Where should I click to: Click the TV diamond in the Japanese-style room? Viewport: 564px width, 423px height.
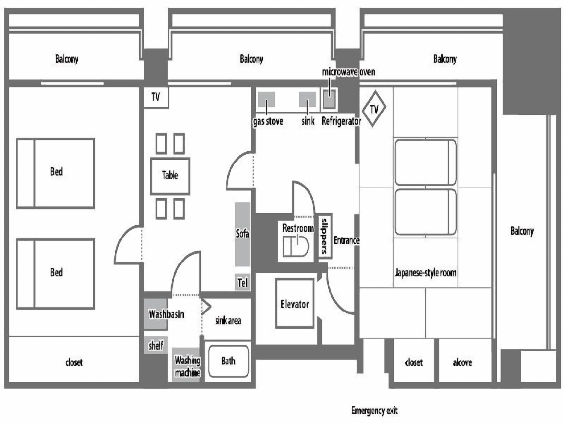pyautogui.click(x=374, y=109)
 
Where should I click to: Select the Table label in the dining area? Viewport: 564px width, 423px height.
pyautogui.click(x=170, y=175)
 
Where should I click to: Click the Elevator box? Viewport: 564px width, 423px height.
pyautogui.click(x=295, y=304)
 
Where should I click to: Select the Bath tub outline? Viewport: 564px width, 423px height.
pyautogui.click(x=228, y=361)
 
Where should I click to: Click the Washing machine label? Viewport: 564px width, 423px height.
pyautogui.click(x=188, y=366)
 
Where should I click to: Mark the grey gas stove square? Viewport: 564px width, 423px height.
pyautogui.click(x=266, y=99)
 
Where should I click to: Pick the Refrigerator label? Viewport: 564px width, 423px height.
pyautogui.click(x=341, y=121)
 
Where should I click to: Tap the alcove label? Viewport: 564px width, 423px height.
pyautogui.click(x=462, y=362)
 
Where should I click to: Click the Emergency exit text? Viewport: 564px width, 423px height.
pyautogui.click(x=374, y=410)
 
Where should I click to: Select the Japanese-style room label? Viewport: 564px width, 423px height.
pyautogui.click(x=425, y=273)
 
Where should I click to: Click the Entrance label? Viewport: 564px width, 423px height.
pyautogui.click(x=347, y=240)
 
